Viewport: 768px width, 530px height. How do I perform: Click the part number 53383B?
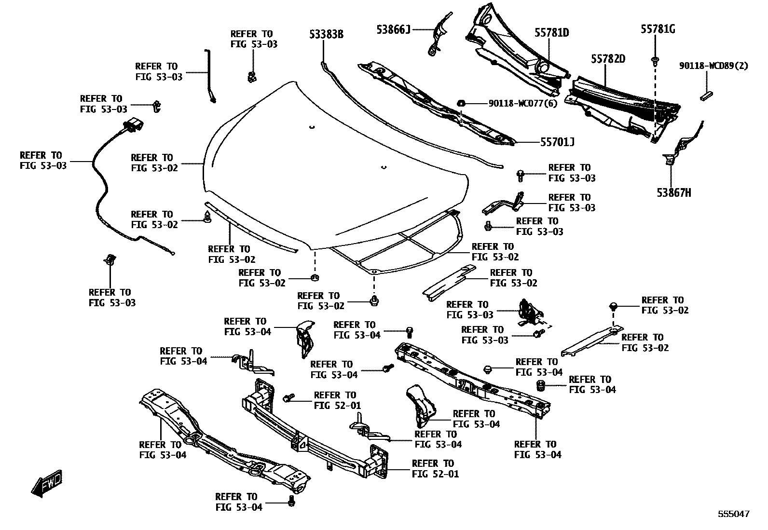pyautogui.click(x=326, y=34)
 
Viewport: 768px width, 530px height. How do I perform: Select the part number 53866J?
pyautogui.click(x=393, y=29)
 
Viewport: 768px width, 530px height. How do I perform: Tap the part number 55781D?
pyautogui.click(x=551, y=33)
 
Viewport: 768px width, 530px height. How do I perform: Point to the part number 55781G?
pyautogui.click(x=658, y=29)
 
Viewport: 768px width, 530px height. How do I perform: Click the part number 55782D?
pyautogui.click(x=608, y=59)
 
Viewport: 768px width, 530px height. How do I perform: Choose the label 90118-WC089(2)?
pyautogui.click(x=713, y=66)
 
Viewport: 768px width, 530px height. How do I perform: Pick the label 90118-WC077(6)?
pyautogui.click(x=523, y=103)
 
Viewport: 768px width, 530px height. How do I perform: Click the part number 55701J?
pyautogui.click(x=557, y=142)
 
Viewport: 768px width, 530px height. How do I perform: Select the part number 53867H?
pyautogui.click(x=673, y=193)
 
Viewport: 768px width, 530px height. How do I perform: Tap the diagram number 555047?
pyautogui.click(x=734, y=514)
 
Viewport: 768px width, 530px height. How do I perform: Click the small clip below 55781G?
pyautogui.click(x=655, y=61)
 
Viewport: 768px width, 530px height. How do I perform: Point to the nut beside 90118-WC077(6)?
pyautogui.click(x=461, y=103)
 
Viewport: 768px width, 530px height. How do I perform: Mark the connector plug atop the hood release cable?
pyautogui.click(x=133, y=125)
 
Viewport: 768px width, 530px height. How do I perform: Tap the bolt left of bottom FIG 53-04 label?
pyautogui.click(x=291, y=501)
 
